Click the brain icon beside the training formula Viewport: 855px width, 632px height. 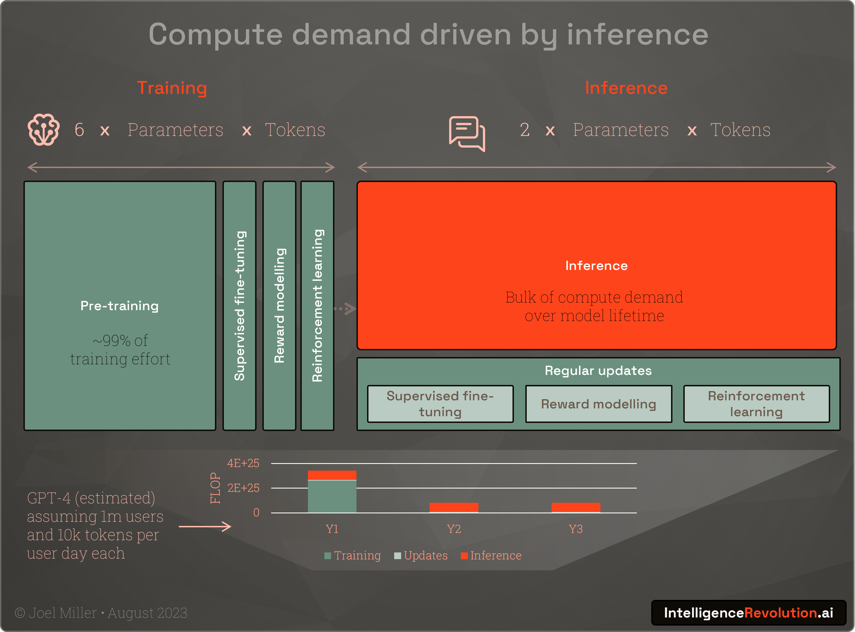(x=44, y=130)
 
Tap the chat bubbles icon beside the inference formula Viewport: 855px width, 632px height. (x=467, y=133)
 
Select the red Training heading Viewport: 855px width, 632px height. (x=172, y=88)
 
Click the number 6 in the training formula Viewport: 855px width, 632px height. (x=79, y=130)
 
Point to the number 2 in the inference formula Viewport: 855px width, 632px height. (x=525, y=130)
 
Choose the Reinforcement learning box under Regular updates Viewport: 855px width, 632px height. (x=756, y=404)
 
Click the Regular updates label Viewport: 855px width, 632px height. (x=598, y=370)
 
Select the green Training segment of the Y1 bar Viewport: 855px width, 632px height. (x=332, y=496)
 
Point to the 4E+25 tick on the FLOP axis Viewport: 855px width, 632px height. (x=243, y=463)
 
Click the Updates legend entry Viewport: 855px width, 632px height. (x=421, y=556)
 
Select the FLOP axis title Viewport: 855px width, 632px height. (x=215, y=488)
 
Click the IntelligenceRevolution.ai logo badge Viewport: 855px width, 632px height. (x=748, y=613)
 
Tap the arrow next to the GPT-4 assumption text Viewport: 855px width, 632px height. (x=205, y=527)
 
